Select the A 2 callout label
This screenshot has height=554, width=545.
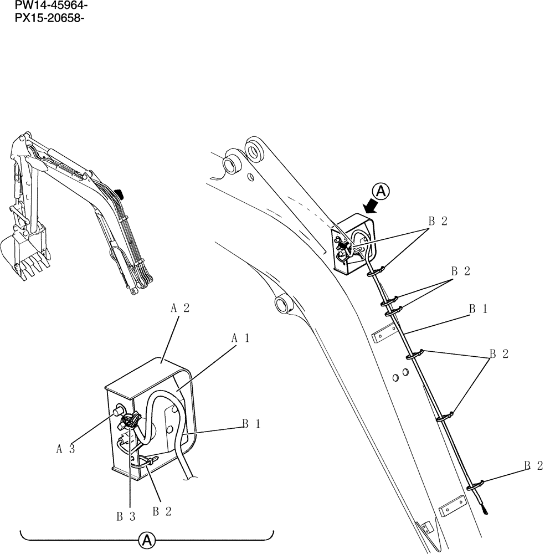pyautogui.click(x=179, y=309)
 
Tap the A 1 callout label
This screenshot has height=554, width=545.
pyautogui.click(x=240, y=338)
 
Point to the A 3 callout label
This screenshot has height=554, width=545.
pyautogui.click(x=65, y=449)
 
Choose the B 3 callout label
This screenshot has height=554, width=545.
pyautogui.click(x=126, y=516)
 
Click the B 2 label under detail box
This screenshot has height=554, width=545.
pyautogui.click(x=161, y=511)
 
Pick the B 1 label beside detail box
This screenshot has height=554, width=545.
pyautogui.click(x=252, y=424)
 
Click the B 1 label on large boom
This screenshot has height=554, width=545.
pyautogui.click(x=477, y=309)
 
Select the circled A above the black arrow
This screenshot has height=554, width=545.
pyautogui.click(x=381, y=192)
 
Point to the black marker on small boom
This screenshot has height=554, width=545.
pyautogui.click(x=118, y=194)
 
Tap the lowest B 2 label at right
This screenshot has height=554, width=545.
pyautogui.click(x=533, y=466)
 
